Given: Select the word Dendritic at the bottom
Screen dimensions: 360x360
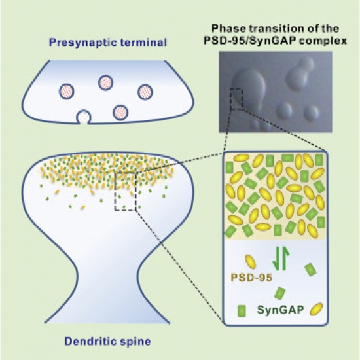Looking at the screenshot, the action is click(x=90, y=341).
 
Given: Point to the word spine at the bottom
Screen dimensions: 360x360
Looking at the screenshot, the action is click(x=135, y=342).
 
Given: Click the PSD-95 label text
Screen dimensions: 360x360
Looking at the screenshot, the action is click(x=251, y=278).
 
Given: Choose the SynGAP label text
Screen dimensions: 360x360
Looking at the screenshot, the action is click(x=281, y=310).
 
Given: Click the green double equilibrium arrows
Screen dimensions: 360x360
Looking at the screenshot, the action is click(x=281, y=258).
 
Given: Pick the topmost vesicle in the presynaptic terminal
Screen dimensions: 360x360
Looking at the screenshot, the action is click(x=106, y=82).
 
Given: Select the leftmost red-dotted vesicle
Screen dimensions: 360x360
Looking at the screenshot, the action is click(x=67, y=91).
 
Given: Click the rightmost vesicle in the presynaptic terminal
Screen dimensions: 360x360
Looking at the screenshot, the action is click(x=145, y=92).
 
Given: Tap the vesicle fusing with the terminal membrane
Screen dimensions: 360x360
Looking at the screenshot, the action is click(x=84, y=117).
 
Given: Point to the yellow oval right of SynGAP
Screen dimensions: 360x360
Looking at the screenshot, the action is click(x=316, y=309).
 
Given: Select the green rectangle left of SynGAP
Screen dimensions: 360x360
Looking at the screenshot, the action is click(x=242, y=311).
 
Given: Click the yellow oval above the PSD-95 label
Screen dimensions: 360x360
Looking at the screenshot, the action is click(x=250, y=262).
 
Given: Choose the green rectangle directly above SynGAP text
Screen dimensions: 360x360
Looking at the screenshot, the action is click(x=280, y=293).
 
